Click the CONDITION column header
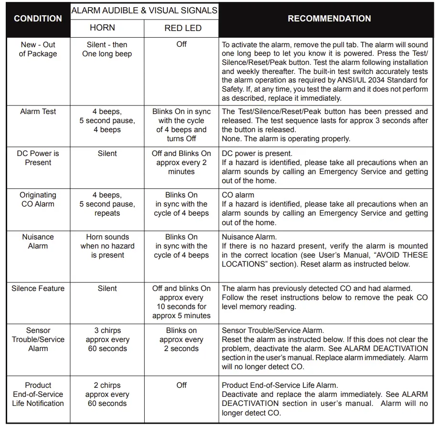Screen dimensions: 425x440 (38, 19)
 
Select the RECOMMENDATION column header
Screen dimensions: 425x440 (329, 19)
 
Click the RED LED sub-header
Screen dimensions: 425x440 (182, 28)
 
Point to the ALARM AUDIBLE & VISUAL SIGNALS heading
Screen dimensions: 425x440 (144, 10)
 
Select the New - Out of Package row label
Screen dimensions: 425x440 (38, 49)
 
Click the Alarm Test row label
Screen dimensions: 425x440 (38, 112)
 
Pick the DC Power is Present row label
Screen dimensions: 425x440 (38, 158)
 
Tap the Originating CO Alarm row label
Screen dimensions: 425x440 (38, 199)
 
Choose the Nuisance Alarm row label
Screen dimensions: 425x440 (38, 241)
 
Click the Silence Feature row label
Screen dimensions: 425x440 (38, 288)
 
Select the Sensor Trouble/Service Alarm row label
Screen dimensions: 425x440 (38, 339)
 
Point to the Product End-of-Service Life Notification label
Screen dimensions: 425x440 (38, 394)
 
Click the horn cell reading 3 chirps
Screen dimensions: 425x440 (107, 339)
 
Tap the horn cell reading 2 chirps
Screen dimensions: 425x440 (107, 394)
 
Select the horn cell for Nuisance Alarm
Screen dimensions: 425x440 (107, 246)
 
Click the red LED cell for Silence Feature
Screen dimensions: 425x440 (182, 302)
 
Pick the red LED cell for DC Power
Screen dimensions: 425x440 (182, 162)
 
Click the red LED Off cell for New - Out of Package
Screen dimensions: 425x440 (182, 44)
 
